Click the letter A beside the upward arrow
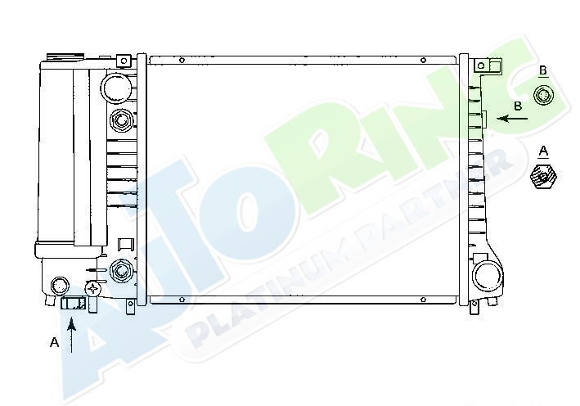(x=54, y=342)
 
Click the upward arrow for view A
(x=72, y=336)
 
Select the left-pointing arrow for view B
(x=512, y=119)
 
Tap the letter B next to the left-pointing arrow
(x=518, y=106)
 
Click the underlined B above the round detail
(x=543, y=70)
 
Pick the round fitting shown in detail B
(x=543, y=96)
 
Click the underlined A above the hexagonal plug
(x=543, y=151)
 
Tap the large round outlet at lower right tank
(x=488, y=276)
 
